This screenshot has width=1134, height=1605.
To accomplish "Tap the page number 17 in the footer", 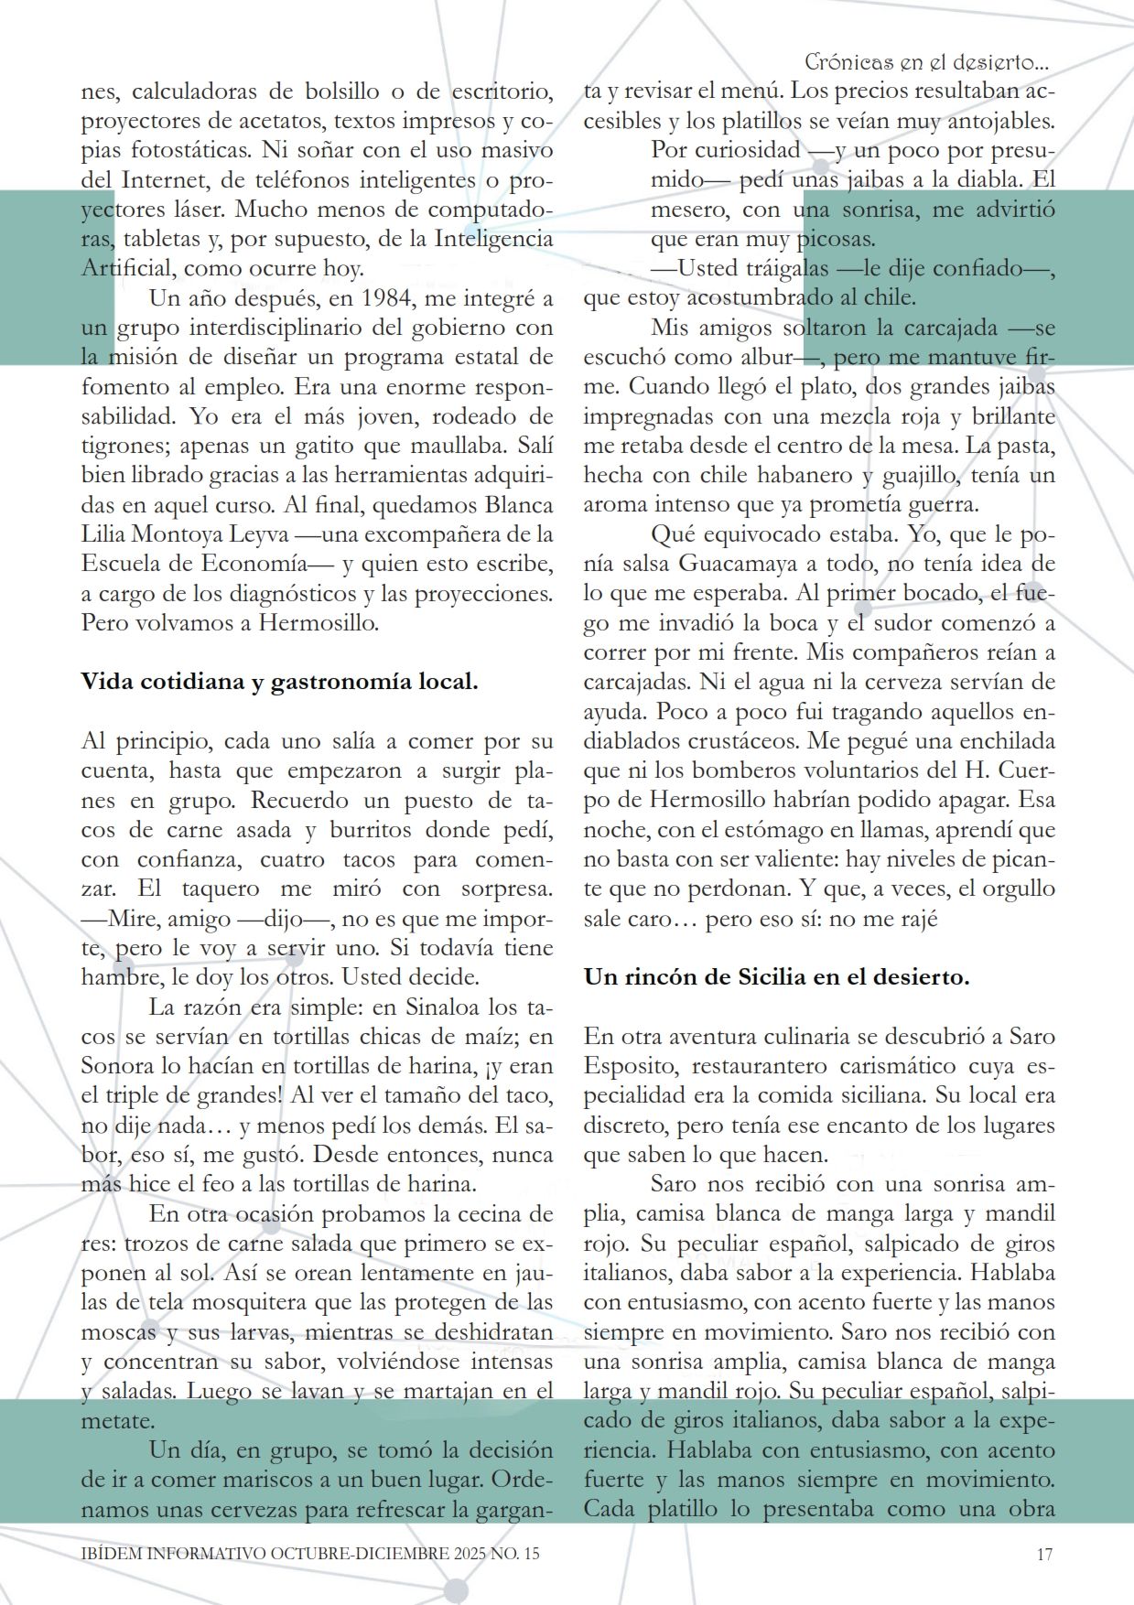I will pos(1044,1554).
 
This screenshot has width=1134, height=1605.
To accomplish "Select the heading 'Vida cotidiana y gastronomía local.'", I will pos(279,682).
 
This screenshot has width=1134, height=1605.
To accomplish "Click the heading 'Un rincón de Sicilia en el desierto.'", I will pos(776,977).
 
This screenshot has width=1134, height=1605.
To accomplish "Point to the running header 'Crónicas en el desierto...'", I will pos(926,62).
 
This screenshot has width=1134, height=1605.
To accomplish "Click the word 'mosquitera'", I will pos(250,1302).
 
